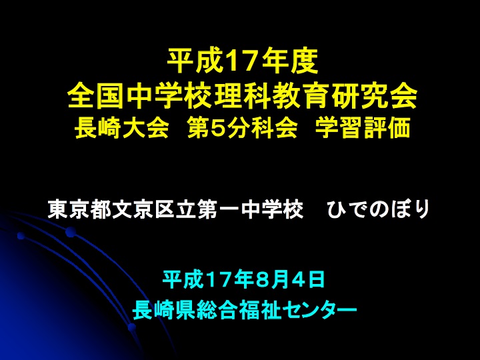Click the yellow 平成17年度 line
[x=243, y=61]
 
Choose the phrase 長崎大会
[x=121, y=128]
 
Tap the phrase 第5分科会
[x=243, y=128]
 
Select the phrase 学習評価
[x=363, y=128]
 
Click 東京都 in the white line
[x=79, y=209]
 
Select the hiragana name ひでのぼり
[x=379, y=209]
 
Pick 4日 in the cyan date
[x=311, y=279]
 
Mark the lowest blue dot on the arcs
[x=132, y=327]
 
